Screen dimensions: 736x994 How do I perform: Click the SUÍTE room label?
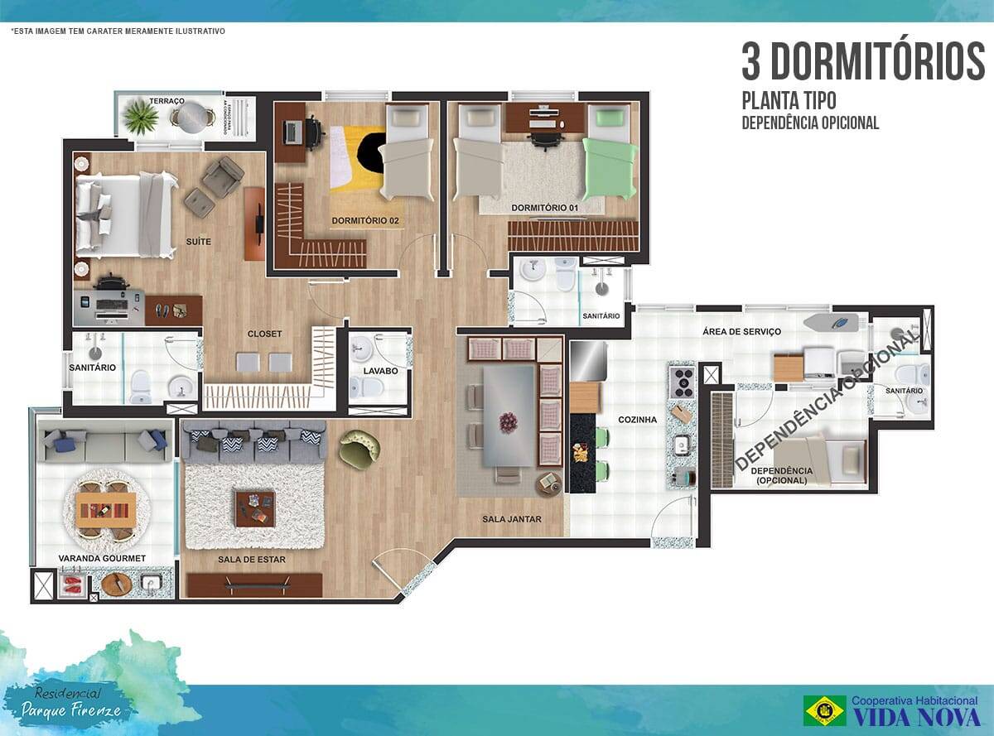(x=199, y=242)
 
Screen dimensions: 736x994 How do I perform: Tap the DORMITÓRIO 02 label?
(x=364, y=221)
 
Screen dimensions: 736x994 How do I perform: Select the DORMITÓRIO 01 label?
(x=543, y=207)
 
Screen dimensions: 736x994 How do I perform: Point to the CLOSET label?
(x=264, y=334)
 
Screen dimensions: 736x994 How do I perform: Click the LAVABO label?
(x=379, y=371)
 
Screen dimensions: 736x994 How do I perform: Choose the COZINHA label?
(x=637, y=420)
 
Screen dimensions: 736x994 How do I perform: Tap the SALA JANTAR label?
(x=511, y=519)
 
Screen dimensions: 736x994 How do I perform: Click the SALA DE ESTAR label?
(x=252, y=560)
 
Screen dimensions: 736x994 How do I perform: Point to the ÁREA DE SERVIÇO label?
(x=741, y=331)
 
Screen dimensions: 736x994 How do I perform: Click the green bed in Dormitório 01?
(x=609, y=157)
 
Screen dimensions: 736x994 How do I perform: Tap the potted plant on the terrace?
(x=141, y=118)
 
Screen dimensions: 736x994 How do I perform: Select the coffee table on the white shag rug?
(x=254, y=508)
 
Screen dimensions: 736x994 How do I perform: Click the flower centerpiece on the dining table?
(x=507, y=422)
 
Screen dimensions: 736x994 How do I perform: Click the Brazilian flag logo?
(x=824, y=710)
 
